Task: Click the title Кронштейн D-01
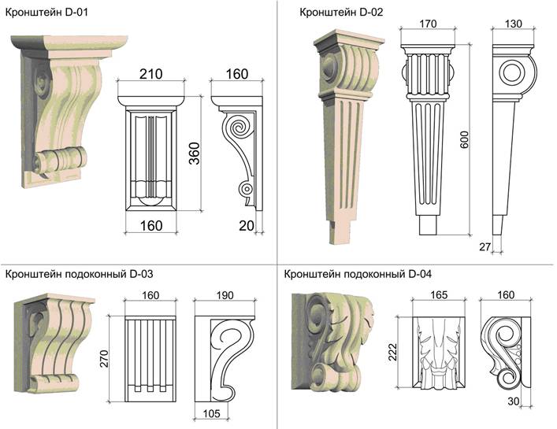click(46, 13)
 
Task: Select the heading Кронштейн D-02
click(341, 13)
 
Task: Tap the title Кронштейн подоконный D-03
click(80, 274)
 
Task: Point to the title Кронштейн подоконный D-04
click(358, 274)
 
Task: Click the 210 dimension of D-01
click(151, 74)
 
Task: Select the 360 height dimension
click(195, 153)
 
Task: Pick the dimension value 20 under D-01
click(247, 226)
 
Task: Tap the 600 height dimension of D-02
click(464, 139)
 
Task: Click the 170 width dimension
click(428, 24)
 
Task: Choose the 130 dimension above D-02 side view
click(514, 24)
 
